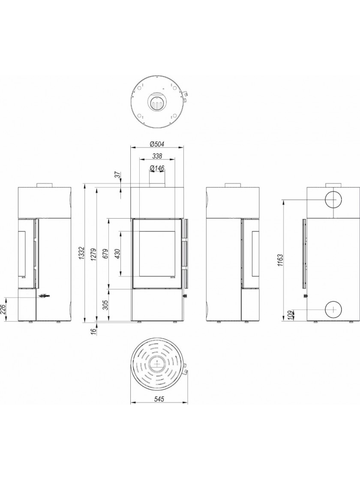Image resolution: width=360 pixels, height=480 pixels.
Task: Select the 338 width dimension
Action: pyautogui.click(x=157, y=156)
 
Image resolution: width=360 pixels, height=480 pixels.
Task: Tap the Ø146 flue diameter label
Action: pyautogui.click(x=157, y=168)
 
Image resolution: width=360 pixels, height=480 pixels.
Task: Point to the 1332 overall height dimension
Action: pyautogui.click(x=81, y=253)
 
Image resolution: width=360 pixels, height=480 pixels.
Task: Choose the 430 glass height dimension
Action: pyautogui.click(x=118, y=254)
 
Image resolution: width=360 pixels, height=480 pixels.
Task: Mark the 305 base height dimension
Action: pyautogui.click(x=106, y=305)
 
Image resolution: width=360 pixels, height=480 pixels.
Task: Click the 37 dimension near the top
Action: pyautogui.click(x=118, y=175)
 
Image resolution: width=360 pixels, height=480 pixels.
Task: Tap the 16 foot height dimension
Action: pyautogui.click(x=94, y=330)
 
